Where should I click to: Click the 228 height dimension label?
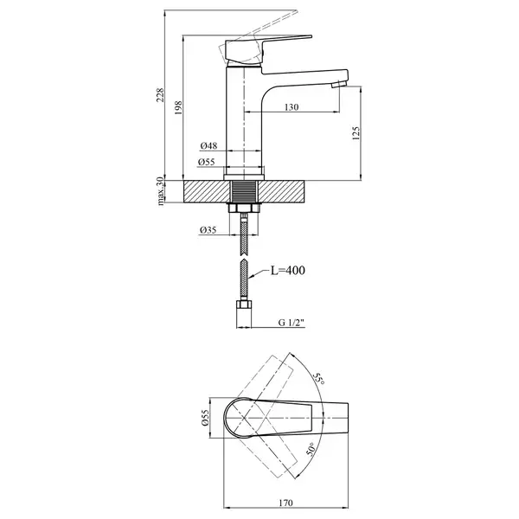[x=161, y=95]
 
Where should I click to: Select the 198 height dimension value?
[x=178, y=107]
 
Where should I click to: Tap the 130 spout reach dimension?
[x=292, y=107]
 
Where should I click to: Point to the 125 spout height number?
[x=356, y=133]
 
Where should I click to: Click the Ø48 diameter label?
[x=208, y=145]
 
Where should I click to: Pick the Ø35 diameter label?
[x=208, y=230]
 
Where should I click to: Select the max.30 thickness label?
[x=161, y=191]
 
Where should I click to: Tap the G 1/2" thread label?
[x=292, y=323]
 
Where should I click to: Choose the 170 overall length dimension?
[x=285, y=503]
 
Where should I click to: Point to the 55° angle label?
[x=318, y=378]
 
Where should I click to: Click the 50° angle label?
[x=311, y=449]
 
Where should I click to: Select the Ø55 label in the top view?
[x=205, y=418]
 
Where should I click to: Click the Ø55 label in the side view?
[x=207, y=162]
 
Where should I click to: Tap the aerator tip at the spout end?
[x=339, y=84]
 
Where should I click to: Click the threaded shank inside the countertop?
[x=244, y=191]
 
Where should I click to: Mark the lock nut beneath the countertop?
[x=244, y=208]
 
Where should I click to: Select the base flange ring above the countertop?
[x=244, y=177]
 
